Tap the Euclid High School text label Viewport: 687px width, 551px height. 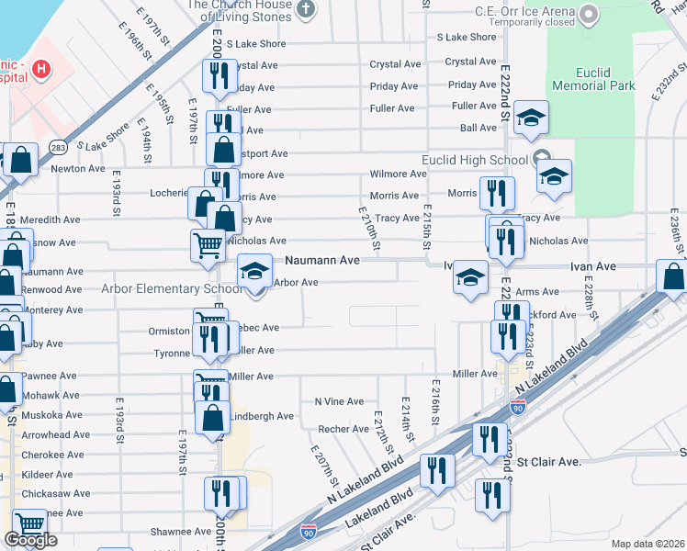(x=475, y=160)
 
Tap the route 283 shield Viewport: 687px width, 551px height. (x=59, y=147)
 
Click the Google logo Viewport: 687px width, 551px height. (x=30, y=540)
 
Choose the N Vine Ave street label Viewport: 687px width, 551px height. (x=339, y=401)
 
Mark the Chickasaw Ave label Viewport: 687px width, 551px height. (x=56, y=493)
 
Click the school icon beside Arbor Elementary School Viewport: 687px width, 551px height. (x=255, y=272)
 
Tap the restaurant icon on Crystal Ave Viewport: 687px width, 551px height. (x=219, y=77)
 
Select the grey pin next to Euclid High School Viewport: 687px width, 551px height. (x=541, y=159)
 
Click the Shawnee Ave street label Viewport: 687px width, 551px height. (x=181, y=531)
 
